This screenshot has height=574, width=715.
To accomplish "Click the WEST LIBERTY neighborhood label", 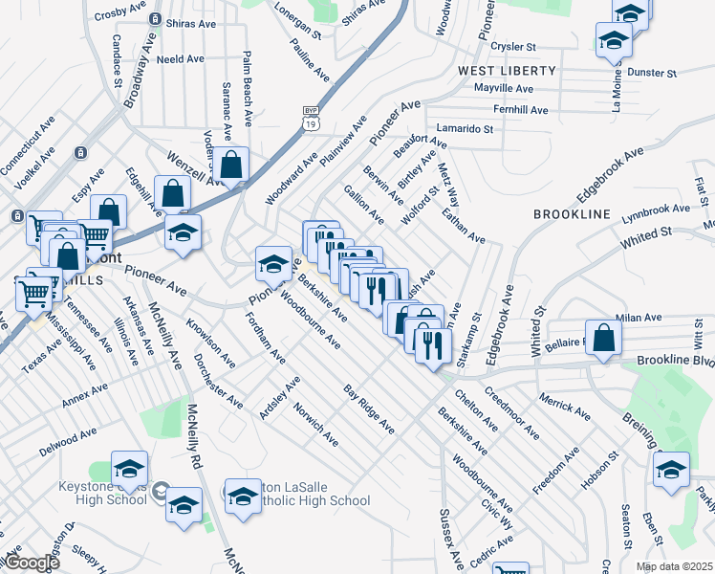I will (x=506, y=71).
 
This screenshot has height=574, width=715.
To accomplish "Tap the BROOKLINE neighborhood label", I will (x=572, y=214).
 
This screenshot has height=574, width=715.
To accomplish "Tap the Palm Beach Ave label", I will (x=247, y=90).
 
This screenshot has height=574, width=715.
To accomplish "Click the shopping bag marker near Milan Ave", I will (x=603, y=337).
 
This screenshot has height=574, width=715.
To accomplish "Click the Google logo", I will (x=31, y=563).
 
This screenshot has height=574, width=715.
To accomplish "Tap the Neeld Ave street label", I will (x=181, y=58).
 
